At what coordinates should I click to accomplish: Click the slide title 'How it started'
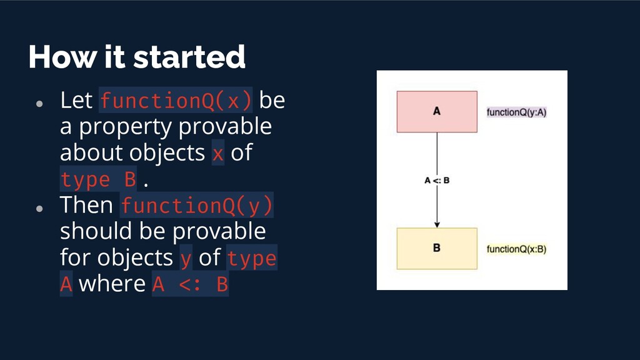pyautogui.click(x=136, y=57)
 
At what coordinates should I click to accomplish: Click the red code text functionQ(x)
pyautogui.click(x=176, y=100)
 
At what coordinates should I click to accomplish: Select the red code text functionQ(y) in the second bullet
pyautogui.click(x=196, y=205)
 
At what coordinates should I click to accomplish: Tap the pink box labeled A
pyautogui.click(x=437, y=112)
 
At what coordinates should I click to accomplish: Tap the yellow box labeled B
pyautogui.click(x=437, y=248)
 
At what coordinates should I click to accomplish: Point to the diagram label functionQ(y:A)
pyautogui.click(x=517, y=112)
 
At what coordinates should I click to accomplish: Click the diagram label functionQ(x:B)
pyautogui.click(x=517, y=249)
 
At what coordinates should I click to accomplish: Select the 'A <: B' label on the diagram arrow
pyautogui.click(x=437, y=181)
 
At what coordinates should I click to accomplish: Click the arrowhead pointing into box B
pyautogui.click(x=437, y=224)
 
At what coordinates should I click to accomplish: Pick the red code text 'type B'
pyautogui.click(x=98, y=179)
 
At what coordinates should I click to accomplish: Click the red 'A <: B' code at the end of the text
pyautogui.click(x=190, y=285)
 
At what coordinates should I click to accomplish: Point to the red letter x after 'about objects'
pyautogui.click(x=217, y=153)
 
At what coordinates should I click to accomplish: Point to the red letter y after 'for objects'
pyautogui.click(x=186, y=258)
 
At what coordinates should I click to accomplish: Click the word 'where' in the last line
pyautogui.click(x=112, y=284)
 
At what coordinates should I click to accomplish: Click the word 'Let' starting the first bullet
pyautogui.click(x=76, y=100)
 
